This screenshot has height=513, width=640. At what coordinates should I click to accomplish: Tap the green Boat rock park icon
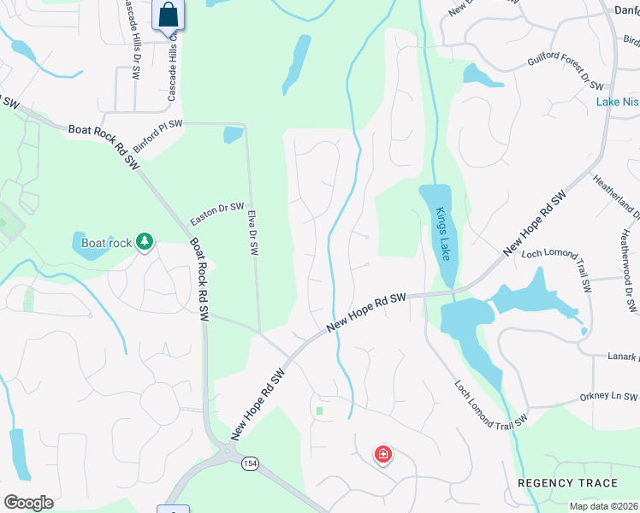[145, 243]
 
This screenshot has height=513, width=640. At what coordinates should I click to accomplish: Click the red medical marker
[383, 454]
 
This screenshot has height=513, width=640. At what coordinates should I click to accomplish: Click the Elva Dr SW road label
[254, 234]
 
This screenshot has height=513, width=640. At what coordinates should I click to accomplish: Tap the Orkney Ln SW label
[607, 397]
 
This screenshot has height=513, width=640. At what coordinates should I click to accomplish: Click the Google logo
[28, 503]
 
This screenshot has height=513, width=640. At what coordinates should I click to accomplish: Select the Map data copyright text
[604, 506]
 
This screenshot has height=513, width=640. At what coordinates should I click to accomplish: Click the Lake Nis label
[617, 102]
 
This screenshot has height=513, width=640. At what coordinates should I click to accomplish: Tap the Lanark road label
[623, 357]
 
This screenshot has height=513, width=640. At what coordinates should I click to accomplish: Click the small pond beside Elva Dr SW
[233, 135]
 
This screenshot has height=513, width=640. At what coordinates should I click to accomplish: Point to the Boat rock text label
[106, 243]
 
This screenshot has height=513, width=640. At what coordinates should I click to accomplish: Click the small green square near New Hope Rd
[319, 410]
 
